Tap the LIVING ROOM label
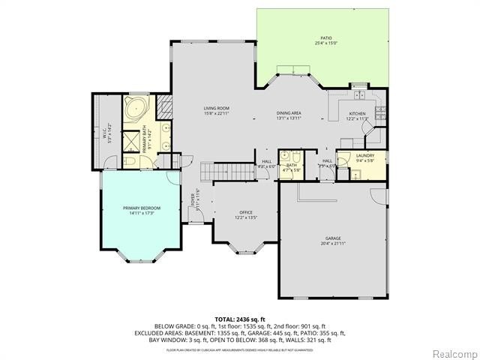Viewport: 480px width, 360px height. tap(216, 109)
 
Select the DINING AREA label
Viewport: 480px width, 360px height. tap(289, 112)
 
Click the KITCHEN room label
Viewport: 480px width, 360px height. tap(356, 113)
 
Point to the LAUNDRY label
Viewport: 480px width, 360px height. tap(364, 155)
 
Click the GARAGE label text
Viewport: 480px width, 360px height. tap(334, 238)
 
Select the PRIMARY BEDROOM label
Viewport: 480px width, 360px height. tap(141, 208)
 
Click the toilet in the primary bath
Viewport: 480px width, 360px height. tap(129, 161)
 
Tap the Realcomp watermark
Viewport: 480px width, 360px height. tap(452, 352)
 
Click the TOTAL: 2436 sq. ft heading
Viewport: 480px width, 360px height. tap(239, 319)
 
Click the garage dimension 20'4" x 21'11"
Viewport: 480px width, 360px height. tap(334, 244)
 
